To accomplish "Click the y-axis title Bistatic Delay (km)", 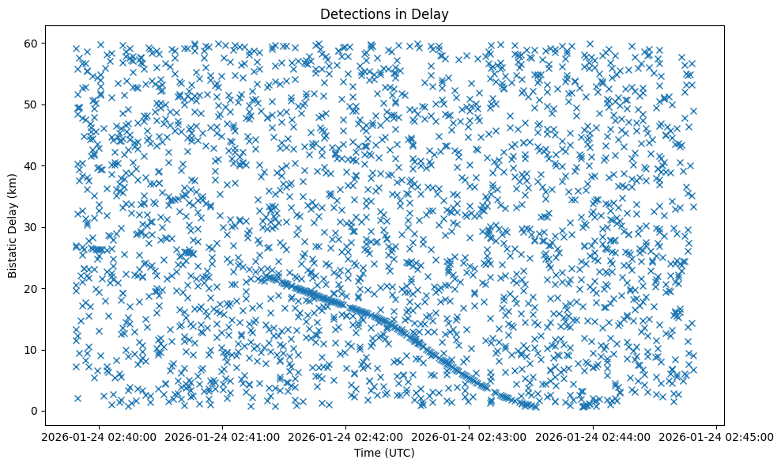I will click(13, 226).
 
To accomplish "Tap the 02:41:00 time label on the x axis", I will click(222, 436).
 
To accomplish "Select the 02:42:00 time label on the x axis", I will click(345, 436).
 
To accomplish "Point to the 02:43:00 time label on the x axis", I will click(470, 436).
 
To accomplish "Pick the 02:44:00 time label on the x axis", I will click(593, 436).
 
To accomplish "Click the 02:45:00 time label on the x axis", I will click(716, 436).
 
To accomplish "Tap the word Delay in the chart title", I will click(431, 13).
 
